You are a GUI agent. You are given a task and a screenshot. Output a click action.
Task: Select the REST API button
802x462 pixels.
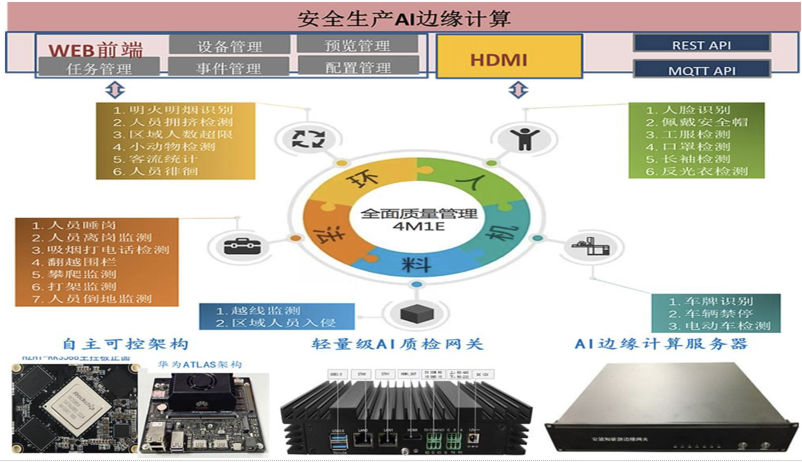click(x=702, y=44)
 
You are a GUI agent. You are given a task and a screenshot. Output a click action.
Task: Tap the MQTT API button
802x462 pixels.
click(x=702, y=70)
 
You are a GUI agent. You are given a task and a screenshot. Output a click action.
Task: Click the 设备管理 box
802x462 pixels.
click(x=229, y=46)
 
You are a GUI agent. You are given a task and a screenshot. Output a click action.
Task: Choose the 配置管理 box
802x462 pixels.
click(x=358, y=67)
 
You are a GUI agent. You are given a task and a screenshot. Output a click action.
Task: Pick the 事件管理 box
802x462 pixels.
click(x=228, y=67)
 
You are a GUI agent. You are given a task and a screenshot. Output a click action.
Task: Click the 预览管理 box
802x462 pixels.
click(x=357, y=45)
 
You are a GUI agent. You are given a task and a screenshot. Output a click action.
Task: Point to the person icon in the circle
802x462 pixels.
click(x=524, y=138)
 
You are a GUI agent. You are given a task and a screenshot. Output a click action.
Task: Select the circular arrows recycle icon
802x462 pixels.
click(x=308, y=139)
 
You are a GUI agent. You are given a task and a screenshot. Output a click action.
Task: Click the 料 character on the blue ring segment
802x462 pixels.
click(x=416, y=264)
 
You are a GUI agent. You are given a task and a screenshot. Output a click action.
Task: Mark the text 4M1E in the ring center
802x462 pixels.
click(x=418, y=227)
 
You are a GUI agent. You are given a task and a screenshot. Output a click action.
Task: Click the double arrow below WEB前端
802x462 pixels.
click(x=115, y=90)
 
